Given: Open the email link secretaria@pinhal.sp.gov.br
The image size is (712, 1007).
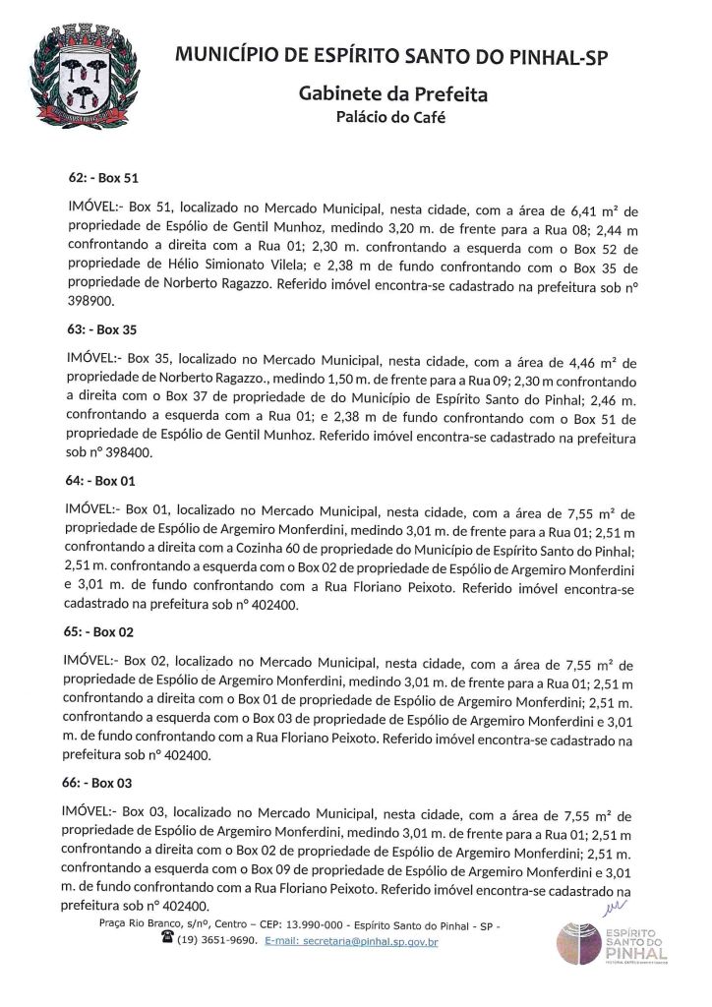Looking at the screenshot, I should (366, 941).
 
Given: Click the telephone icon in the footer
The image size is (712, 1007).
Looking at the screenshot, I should (166, 940).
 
